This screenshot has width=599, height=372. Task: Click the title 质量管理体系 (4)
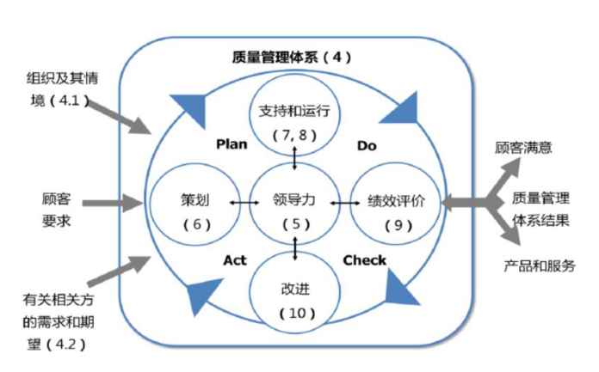pos(292,58)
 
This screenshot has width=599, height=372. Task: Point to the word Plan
pos(232,144)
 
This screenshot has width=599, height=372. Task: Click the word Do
pos(366,145)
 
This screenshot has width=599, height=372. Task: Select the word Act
pos(235,259)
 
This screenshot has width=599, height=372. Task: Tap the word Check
pos(365,259)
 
